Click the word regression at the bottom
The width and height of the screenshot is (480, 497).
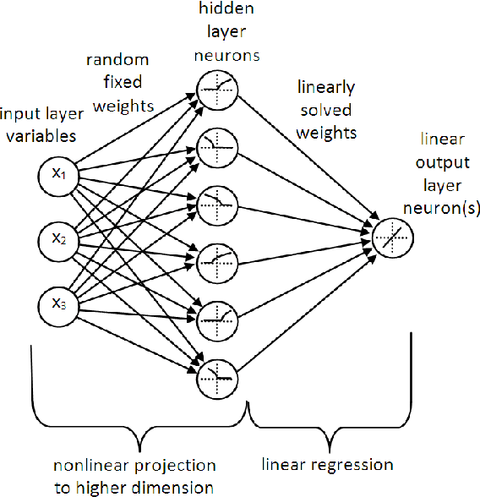pos(354,465)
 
